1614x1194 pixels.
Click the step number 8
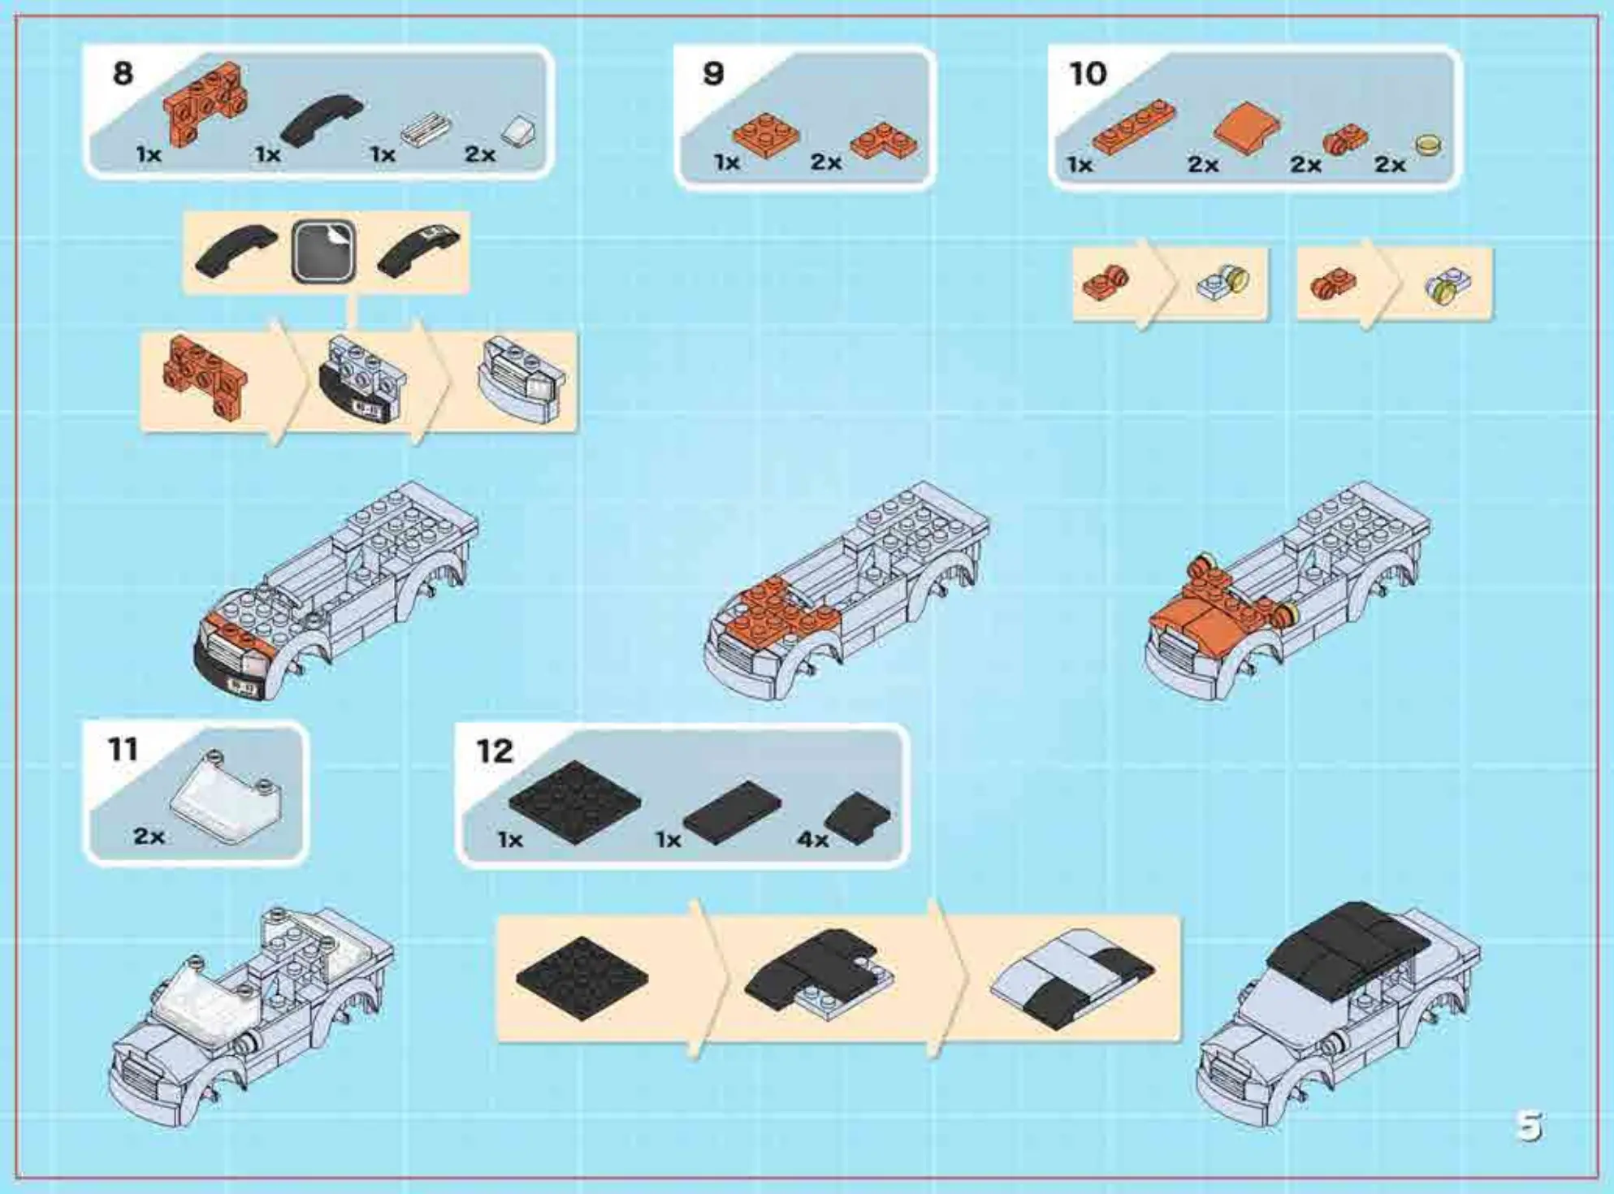point(123,74)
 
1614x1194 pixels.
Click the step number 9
point(712,74)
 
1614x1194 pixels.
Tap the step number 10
point(1088,75)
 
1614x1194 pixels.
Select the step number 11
point(123,749)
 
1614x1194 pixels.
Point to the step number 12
point(494,751)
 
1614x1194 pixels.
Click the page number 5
point(1528,1127)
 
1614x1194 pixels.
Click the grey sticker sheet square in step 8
point(323,251)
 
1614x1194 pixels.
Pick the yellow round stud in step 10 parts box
point(1428,146)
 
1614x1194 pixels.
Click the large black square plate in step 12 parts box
point(574,801)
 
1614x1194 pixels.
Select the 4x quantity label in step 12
point(812,839)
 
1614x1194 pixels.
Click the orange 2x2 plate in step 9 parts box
point(765,134)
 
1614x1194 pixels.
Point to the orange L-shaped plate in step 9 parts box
point(885,141)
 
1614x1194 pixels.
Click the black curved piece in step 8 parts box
point(322,120)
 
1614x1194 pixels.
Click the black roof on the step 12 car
point(1348,946)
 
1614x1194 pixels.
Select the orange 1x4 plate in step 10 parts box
point(1134,128)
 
